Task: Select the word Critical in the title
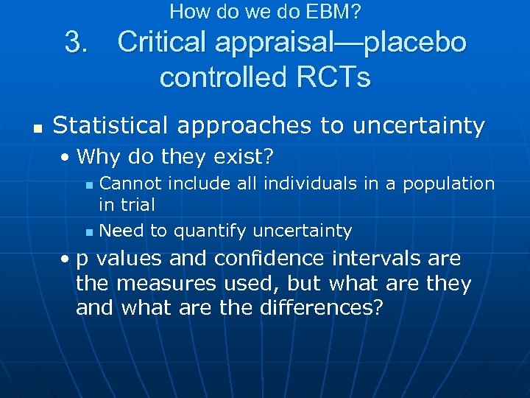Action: [x=162, y=43]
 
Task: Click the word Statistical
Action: [x=106, y=126]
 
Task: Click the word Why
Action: [x=93, y=156]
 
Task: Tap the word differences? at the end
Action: [x=322, y=307]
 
